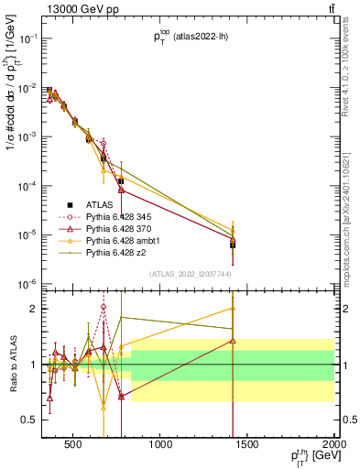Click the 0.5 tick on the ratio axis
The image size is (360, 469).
[31, 420]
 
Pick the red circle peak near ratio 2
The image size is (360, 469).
[104, 307]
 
